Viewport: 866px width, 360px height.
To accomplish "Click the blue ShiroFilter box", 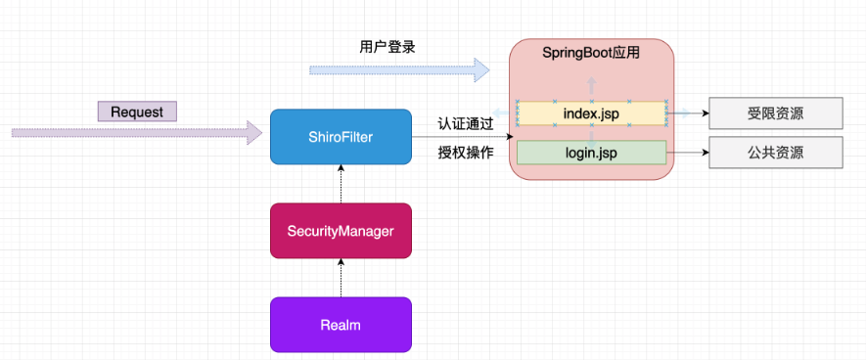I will click(x=341, y=136).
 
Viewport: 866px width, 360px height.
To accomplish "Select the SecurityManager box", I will click(x=341, y=231).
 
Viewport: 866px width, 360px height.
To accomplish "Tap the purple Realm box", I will click(x=341, y=324).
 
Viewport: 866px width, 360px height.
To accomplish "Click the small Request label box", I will click(x=137, y=112).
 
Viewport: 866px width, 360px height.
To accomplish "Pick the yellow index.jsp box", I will click(x=591, y=113).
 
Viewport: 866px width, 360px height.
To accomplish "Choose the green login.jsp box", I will click(x=591, y=153).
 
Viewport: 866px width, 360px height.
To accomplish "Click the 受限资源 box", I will click(x=775, y=113).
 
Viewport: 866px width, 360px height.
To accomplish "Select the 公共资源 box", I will click(x=775, y=153).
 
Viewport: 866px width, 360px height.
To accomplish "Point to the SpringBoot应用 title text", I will click(x=591, y=53).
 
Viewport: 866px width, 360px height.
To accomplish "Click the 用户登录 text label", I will click(x=381, y=46).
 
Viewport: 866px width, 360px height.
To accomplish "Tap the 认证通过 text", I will click(x=466, y=124).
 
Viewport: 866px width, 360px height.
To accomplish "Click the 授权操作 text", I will click(x=466, y=153).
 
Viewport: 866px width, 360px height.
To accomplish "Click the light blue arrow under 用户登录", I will click(x=399, y=69).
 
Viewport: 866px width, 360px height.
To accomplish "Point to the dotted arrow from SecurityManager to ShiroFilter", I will click(x=341, y=184).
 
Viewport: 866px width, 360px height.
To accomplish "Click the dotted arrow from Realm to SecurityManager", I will click(x=341, y=277).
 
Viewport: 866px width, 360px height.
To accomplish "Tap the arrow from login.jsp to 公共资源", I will click(x=687, y=153).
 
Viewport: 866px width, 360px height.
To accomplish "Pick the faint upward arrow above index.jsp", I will click(x=591, y=88).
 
